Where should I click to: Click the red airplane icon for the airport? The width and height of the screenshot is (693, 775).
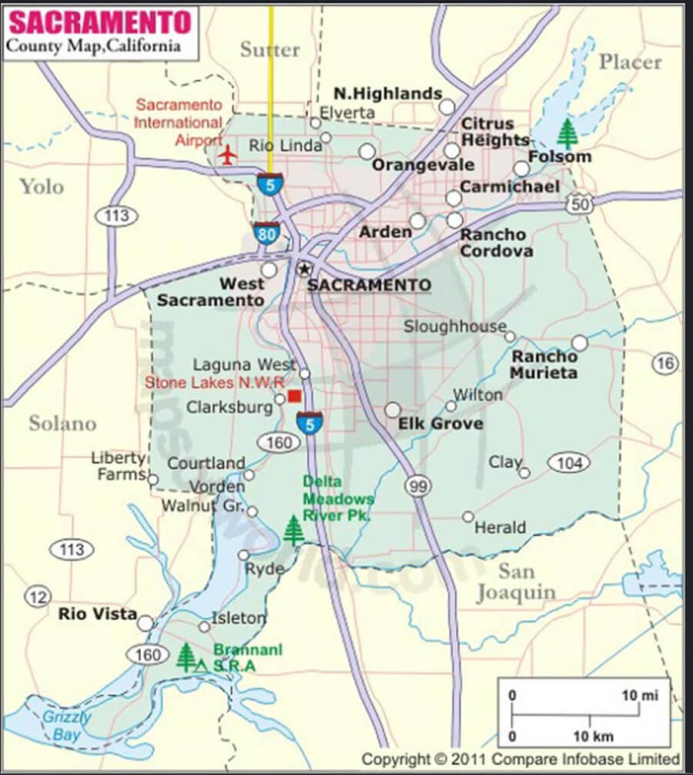(x=227, y=154)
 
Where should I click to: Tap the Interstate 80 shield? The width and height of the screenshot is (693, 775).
(x=267, y=232)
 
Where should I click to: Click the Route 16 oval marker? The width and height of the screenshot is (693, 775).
(x=666, y=364)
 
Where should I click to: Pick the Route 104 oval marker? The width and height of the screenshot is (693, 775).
(x=568, y=462)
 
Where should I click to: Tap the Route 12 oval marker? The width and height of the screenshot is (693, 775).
(x=37, y=596)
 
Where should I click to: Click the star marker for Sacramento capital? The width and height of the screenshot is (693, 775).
(x=304, y=269)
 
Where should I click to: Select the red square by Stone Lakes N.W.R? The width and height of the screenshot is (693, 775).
(x=294, y=396)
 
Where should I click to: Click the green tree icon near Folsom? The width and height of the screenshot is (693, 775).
(x=567, y=134)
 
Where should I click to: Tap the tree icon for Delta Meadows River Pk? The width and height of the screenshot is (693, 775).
(x=293, y=530)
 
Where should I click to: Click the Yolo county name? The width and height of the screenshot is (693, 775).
(x=42, y=186)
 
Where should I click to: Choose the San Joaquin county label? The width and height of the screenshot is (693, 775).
(x=515, y=582)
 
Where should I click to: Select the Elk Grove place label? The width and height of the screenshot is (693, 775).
(x=440, y=424)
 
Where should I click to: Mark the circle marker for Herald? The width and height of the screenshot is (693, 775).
(x=468, y=517)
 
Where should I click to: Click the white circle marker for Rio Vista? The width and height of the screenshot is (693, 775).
(x=145, y=623)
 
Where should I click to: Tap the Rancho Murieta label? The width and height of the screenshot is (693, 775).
(x=544, y=364)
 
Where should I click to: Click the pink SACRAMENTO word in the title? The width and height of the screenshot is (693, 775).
(x=99, y=22)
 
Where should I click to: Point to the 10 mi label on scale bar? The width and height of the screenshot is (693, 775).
(x=640, y=695)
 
